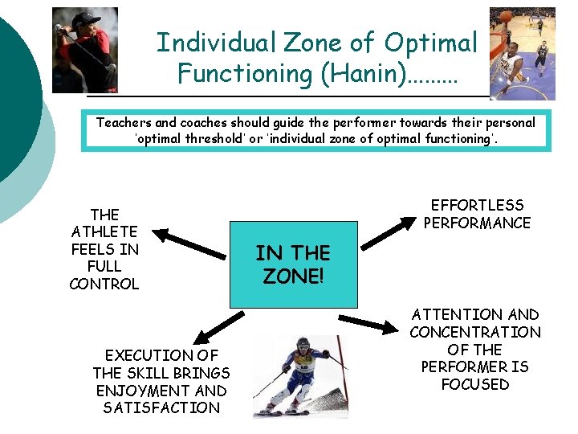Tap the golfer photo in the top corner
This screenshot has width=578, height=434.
(84, 50)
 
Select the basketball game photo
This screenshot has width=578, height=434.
(522, 53)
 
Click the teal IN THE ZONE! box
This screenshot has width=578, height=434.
(293, 265)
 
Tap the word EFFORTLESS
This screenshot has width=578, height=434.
(477, 206)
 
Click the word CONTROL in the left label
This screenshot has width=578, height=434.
(104, 284)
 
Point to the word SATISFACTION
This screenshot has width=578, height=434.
(161, 408)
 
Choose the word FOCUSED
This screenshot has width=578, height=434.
(475, 384)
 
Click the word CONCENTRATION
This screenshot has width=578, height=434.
(475, 332)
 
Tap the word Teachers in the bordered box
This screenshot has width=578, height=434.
(124, 123)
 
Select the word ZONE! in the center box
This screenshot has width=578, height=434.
(293, 276)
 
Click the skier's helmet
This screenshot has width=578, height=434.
(303, 346)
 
